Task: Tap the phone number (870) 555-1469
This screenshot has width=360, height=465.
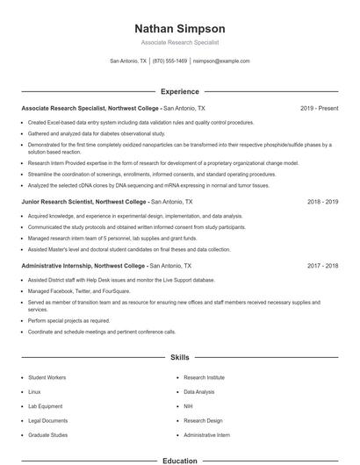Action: point(169,61)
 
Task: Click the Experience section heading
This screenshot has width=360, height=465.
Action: point(179,91)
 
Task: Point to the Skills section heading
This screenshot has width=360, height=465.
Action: point(179,359)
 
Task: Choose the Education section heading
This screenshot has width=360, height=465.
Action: point(179,460)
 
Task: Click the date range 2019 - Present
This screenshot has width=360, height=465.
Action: point(319,108)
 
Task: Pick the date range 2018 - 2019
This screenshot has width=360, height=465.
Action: point(322,201)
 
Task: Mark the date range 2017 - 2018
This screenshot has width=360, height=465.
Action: point(322,264)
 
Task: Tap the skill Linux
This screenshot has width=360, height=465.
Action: point(34,391)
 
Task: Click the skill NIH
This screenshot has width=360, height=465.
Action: point(189,405)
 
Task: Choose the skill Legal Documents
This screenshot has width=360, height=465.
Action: point(47,420)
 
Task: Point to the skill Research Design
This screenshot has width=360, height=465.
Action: point(203,420)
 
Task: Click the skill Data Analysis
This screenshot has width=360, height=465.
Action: point(198,391)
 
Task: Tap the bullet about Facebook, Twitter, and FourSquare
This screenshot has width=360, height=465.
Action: point(75,290)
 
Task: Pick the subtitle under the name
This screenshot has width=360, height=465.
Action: point(179,42)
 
